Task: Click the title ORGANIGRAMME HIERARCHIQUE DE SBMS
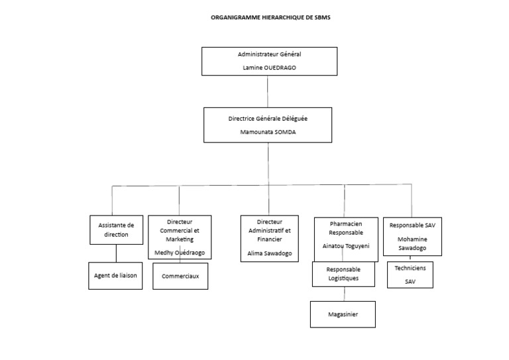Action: (270, 19)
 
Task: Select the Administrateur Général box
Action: (268, 60)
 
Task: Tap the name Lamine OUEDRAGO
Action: (268, 68)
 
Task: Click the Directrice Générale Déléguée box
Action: (268, 125)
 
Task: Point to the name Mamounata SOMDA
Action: (268, 132)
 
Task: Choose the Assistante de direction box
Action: (116, 230)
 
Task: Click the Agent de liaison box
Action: (115, 275)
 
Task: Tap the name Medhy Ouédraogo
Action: (180, 253)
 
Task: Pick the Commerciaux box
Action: (180, 276)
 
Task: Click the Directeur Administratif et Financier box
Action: (268, 237)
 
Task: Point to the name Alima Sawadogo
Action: (268, 254)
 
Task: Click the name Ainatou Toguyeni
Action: (345, 246)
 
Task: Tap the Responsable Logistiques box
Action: (343, 274)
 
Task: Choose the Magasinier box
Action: (343, 314)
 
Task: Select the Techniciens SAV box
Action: (411, 274)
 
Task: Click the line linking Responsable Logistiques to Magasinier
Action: (343, 294)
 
